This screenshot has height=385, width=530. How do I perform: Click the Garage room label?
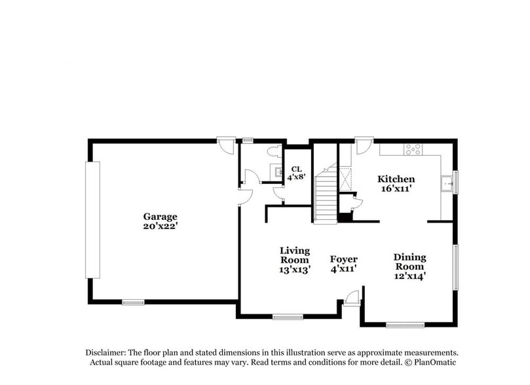(160, 217)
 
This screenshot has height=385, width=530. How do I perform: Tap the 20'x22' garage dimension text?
(161, 227)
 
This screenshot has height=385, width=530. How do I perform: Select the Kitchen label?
(396, 179)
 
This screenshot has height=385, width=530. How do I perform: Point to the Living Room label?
(294, 255)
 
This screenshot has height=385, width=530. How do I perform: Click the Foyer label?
(343, 259)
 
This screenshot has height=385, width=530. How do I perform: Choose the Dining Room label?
(409, 262)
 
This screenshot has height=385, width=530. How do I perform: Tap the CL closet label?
(296, 169)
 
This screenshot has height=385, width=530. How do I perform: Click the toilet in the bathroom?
(274, 151)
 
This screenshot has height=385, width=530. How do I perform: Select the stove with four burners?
(413, 149)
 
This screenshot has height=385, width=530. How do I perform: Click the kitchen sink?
(447, 184)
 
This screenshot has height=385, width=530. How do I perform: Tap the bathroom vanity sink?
(277, 172)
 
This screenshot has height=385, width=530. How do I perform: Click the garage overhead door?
(92, 220)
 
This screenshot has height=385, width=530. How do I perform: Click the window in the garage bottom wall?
(133, 302)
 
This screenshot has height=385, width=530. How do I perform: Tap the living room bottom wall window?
(288, 317)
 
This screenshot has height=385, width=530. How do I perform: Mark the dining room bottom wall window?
(406, 325)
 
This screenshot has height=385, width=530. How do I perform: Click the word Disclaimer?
(105, 352)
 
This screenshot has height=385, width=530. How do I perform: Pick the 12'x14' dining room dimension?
(409, 276)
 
